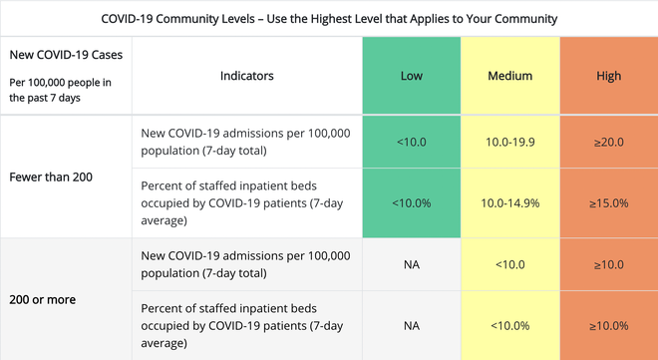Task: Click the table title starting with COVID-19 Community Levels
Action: coord(329,19)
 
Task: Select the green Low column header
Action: coord(411,76)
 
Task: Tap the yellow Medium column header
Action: coord(509,76)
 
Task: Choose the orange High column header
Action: coord(608,76)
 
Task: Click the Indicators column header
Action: coord(246,76)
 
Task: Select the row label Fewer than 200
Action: coord(51,178)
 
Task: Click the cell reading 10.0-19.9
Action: coord(509,143)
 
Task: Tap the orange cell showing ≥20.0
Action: coord(608,143)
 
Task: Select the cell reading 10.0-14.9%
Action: coord(509,203)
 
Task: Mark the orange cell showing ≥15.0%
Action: coord(608,203)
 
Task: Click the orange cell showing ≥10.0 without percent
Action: coord(608,264)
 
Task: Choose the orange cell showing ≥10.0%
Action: coord(608,325)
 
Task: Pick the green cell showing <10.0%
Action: coord(411,203)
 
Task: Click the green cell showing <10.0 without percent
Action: coord(411,143)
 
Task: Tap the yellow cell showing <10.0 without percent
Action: coord(509,264)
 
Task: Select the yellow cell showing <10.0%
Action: coord(509,325)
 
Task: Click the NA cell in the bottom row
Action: coord(411,325)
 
